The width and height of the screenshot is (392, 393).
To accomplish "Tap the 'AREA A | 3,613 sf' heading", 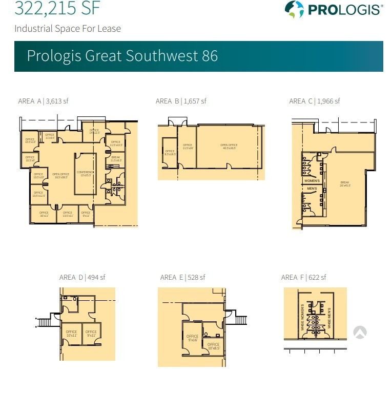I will coord(43,101).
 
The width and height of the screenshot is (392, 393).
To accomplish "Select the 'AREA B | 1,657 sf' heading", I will coord(181,101).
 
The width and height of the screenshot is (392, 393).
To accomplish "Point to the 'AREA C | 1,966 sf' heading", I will coord(314,101).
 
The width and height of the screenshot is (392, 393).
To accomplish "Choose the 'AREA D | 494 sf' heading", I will coord(82,277).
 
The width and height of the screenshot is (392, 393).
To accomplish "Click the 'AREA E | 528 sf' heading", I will coord(182,277).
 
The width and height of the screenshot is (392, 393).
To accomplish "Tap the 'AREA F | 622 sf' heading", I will coord(303,277).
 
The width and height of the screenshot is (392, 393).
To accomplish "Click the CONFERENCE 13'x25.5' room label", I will coord(85,174).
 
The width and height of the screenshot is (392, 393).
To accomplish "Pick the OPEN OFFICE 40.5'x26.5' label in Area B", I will coord(229,147).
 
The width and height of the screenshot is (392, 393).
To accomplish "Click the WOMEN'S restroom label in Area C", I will coord(312,181).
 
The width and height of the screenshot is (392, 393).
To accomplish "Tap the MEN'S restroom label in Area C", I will coord(312,189).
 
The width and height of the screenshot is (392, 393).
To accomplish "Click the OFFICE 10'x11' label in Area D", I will coord(71,334).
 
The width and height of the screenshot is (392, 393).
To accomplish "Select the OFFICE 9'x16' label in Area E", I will coord(192,338).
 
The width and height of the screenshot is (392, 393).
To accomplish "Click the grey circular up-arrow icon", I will coord(360,333).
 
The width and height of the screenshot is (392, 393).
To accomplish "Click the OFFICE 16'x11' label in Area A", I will coord(44,214).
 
